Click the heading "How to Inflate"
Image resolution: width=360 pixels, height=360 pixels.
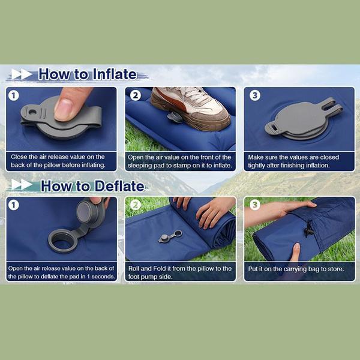[x=87, y=75]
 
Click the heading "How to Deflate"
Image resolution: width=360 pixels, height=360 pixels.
[x=92, y=186]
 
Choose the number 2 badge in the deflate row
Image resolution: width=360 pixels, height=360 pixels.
[x=136, y=205]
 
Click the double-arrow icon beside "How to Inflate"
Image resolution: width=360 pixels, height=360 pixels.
[x=22, y=75]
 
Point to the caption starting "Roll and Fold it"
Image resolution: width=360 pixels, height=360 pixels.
[x=180, y=272]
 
